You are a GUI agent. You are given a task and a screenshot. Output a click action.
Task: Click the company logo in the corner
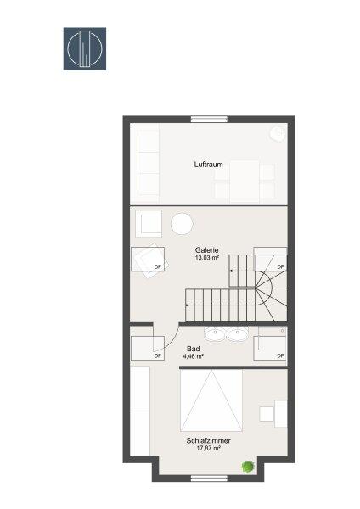pos(85,48)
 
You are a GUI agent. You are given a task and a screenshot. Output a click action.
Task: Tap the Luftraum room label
pos(209,165)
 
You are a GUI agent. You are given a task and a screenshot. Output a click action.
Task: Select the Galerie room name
pos(206,250)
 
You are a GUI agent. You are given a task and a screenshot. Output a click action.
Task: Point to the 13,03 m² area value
pos(206,258)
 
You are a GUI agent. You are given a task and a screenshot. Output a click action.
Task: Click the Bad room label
pos(194,349)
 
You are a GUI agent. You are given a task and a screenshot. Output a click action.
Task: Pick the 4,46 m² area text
pos(194,356)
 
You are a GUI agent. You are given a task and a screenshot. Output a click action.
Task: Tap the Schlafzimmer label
pos(209,440)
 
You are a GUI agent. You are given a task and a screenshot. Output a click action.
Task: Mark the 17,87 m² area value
pos(209,448)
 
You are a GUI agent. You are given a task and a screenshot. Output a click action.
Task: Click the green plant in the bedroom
pos(248,467)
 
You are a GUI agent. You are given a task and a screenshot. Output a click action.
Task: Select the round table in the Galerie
pos(182,224)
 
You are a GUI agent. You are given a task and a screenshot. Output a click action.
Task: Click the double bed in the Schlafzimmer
pos(211,400)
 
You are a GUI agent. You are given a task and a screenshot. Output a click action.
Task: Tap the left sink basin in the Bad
pos(215,334)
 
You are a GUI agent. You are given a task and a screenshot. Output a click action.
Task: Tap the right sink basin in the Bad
pos(238,334)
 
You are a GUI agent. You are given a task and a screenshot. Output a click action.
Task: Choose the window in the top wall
pos(209,119)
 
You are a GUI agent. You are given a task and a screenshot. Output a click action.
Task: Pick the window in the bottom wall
pos(209,478)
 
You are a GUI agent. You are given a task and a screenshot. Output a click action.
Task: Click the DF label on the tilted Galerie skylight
pos(158,267)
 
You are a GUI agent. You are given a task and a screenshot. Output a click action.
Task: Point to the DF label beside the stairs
pos(280,266)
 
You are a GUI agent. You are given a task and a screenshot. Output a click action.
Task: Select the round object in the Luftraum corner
pos(278,133)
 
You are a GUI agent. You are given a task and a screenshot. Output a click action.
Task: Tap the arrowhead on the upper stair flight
pos(231,271)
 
